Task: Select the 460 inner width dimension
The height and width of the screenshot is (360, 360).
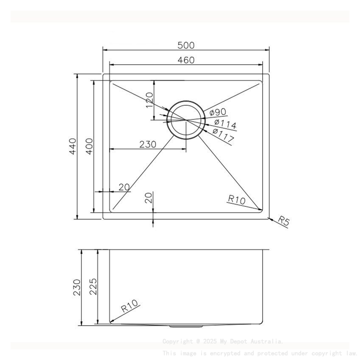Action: [186, 60]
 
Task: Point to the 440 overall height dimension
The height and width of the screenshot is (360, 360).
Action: [72, 146]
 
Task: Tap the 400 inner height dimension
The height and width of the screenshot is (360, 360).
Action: [89, 146]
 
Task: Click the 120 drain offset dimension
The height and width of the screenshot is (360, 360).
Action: [149, 100]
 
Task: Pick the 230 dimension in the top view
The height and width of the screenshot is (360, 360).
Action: [148, 144]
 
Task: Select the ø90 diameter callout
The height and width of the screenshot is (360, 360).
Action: [217, 112]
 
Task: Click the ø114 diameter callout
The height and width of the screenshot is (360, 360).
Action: [225, 125]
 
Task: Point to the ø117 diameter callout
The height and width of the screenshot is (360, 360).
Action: [223, 136]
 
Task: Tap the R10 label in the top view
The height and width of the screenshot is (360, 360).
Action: [236, 199]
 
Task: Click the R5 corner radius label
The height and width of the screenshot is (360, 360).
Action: [283, 220]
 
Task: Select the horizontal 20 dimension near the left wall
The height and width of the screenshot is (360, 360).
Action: [124, 187]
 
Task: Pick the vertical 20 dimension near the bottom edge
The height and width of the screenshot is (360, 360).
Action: [148, 198]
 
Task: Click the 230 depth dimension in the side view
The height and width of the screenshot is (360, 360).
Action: [77, 288]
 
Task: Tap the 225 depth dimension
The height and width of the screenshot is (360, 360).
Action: [93, 288]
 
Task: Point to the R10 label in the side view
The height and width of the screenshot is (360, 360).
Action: [130, 306]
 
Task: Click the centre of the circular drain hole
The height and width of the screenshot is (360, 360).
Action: [186, 120]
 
